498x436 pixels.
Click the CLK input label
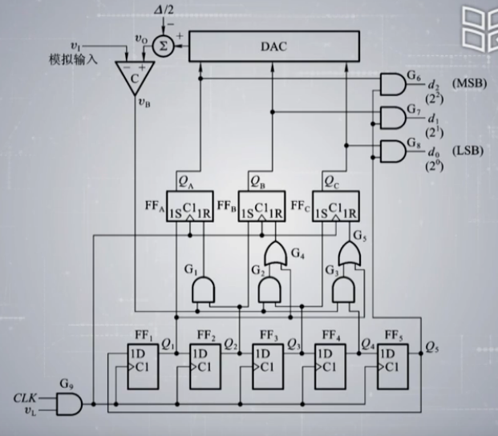pos(24,397)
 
